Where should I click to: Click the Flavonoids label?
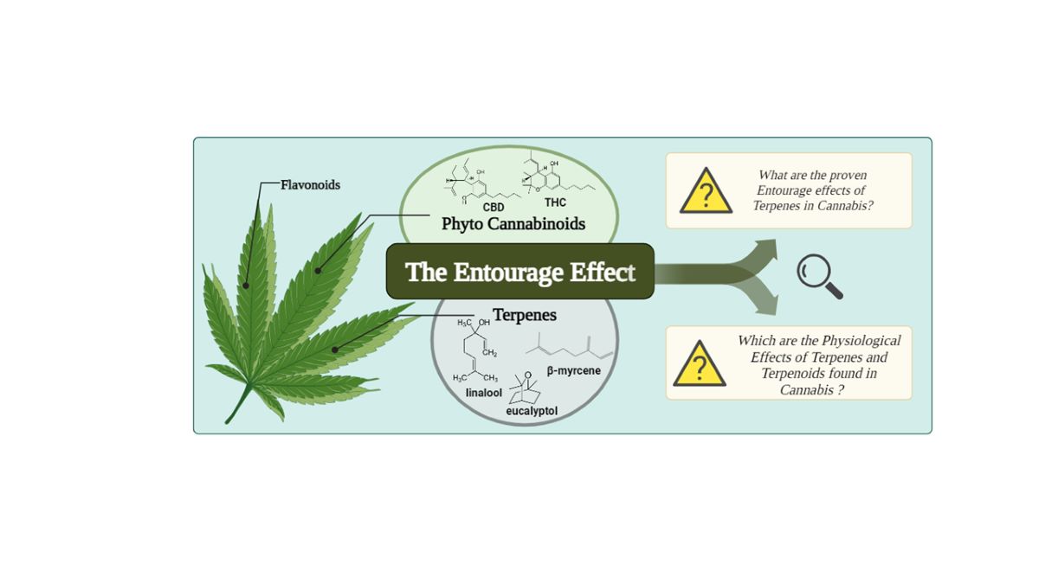pyautogui.click(x=310, y=184)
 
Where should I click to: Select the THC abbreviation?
pyautogui.click(x=555, y=202)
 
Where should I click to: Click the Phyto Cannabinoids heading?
pyautogui.click(x=513, y=224)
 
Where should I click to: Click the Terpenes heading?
pyautogui.click(x=524, y=316)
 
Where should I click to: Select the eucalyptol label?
pyautogui.click(x=532, y=411)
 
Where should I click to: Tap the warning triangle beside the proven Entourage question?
pyautogui.click(x=706, y=192)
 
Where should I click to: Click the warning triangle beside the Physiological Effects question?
pyautogui.click(x=699, y=364)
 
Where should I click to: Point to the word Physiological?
pyautogui.click(x=861, y=340)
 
